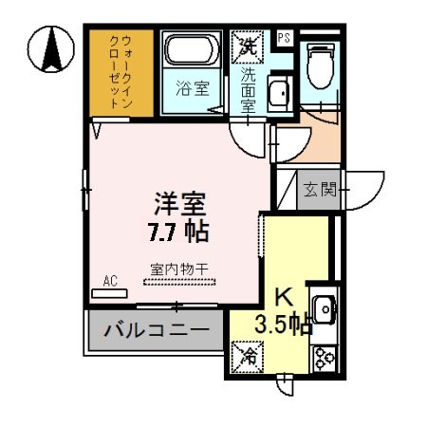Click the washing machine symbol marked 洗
point(246,44)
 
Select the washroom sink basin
point(278,94)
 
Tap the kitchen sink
point(323,309)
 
